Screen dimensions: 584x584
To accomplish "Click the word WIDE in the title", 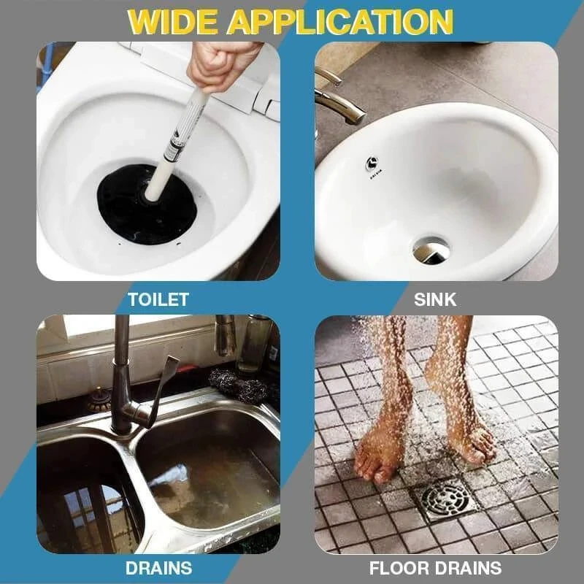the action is click(x=172, y=21).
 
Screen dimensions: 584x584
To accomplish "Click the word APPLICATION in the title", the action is click(x=340, y=21).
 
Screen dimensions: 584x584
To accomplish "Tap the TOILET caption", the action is click(x=158, y=299).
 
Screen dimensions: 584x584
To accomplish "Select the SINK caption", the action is click(x=435, y=299).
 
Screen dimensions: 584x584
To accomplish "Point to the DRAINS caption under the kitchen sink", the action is click(x=158, y=568).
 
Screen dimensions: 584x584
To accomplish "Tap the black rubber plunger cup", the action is click(x=147, y=204).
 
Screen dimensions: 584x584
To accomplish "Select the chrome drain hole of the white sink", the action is click(x=431, y=250).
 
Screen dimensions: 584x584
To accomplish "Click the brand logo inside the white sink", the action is click(x=373, y=166).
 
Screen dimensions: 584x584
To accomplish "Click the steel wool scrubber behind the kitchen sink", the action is click(x=239, y=385).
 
